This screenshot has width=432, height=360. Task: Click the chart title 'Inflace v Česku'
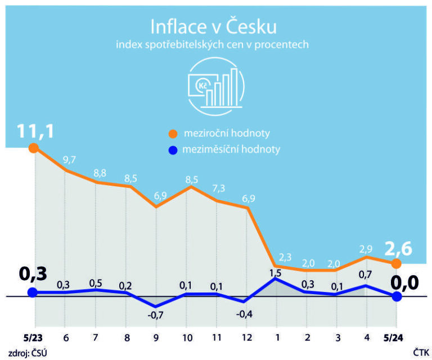pos(213,26)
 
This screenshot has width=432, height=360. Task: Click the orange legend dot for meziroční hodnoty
pos(173,134)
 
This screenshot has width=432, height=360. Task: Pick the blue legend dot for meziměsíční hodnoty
pos(173,150)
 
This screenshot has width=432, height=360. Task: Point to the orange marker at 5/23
pos(33,148)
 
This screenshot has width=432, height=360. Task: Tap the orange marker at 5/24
pos(396,263)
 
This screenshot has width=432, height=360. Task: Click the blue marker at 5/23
pos(33,292)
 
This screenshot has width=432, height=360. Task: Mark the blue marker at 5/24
pos(396,296)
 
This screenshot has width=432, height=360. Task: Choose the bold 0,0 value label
pos(405,281)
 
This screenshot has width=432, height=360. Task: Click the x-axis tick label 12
pos(245,339)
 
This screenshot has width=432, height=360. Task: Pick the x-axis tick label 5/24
pos(396,339)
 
